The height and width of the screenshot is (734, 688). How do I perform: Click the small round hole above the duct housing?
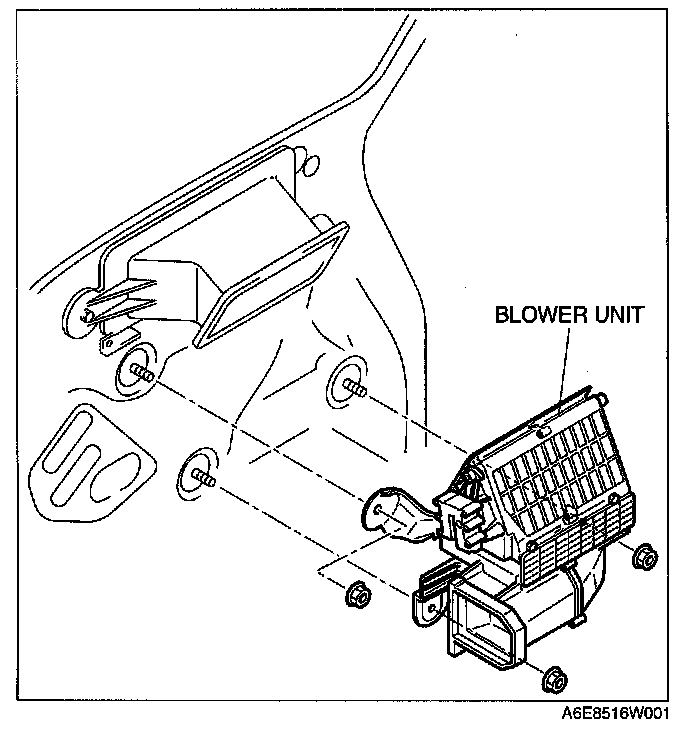pos(310,163)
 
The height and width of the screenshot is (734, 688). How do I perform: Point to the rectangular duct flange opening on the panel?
pos(270,284)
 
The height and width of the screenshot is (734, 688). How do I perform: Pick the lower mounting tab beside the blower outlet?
pos(424,604)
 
